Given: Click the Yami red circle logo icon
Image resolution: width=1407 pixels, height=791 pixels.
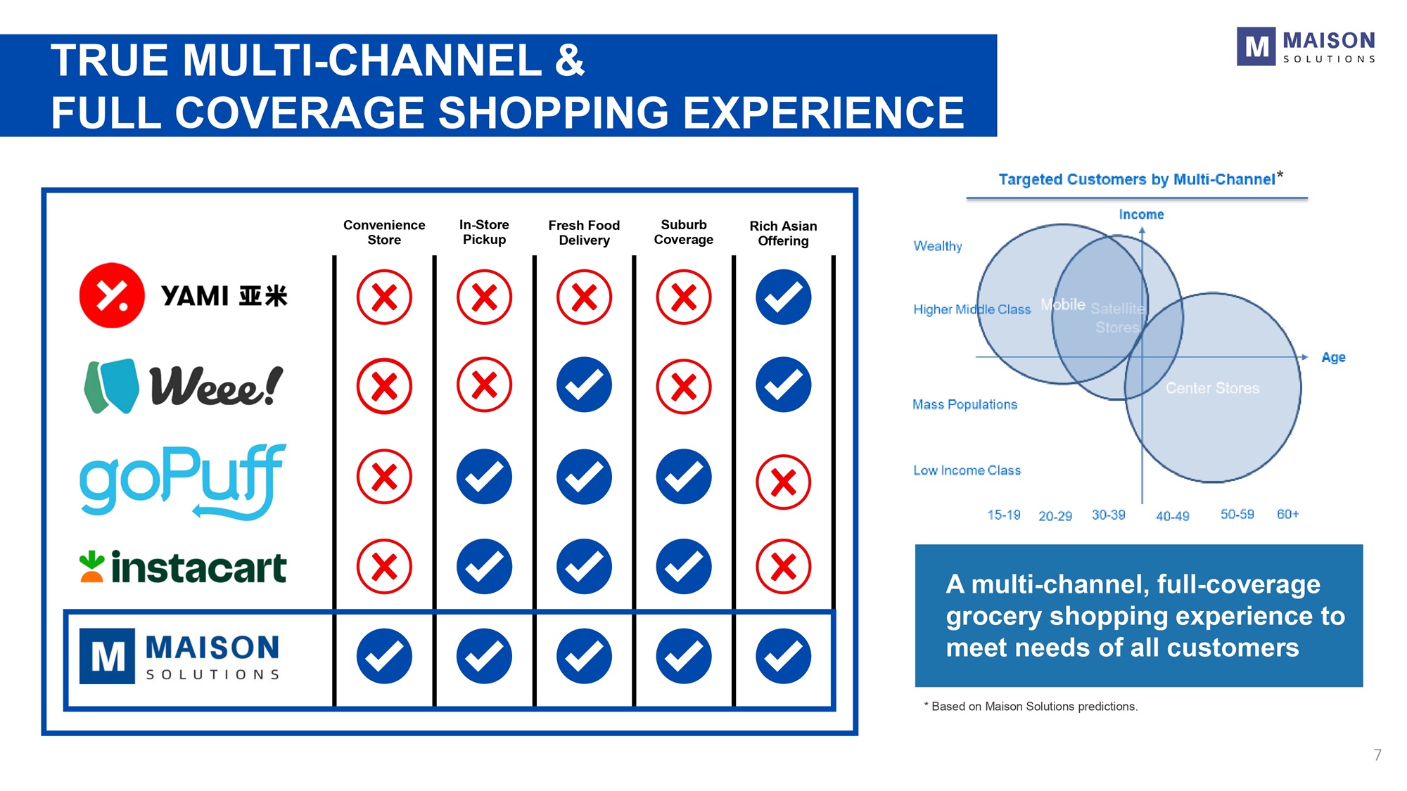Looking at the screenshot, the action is [x=112, y=295].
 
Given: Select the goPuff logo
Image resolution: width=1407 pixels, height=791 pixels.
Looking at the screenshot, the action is [x=183, y=482].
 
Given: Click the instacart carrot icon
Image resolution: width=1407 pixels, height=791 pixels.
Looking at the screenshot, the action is [x=91, y=567].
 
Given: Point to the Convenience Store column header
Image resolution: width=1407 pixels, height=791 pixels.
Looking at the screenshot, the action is [x=384, y=232].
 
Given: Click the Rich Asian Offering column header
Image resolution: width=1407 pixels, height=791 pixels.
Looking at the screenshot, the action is [x=783, y=233].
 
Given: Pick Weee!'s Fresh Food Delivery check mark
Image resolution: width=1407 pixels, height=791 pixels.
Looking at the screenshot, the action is [x=584, y=385].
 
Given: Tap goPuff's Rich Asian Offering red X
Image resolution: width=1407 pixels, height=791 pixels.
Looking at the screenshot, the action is [x=783, y=482].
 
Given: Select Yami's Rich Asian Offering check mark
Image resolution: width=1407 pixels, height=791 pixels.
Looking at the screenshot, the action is [x=783, y=297].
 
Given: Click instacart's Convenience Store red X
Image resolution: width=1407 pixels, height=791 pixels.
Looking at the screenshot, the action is [x=384, y=567].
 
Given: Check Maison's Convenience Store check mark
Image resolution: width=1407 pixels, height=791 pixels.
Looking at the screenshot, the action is [x=384, y=657].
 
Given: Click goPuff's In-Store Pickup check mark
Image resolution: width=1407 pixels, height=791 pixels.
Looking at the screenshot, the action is [x=484, y=477].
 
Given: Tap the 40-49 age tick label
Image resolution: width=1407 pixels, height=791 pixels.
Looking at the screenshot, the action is [x=1173, y=516].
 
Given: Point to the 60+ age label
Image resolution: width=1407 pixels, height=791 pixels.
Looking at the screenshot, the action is [x=1287, y=514].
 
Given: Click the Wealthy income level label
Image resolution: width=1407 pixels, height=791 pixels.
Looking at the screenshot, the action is [x=937, y=246].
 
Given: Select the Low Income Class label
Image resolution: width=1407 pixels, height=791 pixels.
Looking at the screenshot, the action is [x=967, y=470].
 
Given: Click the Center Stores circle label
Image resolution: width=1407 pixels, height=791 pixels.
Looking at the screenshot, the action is [x=1212, y=388].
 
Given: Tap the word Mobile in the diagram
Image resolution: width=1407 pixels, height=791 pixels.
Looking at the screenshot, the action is [x=1063, y=304].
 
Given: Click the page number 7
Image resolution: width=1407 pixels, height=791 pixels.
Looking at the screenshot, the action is [x=1377, y=755].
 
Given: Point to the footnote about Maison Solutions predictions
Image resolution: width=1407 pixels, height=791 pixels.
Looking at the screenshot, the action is [x=1031, y=707].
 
